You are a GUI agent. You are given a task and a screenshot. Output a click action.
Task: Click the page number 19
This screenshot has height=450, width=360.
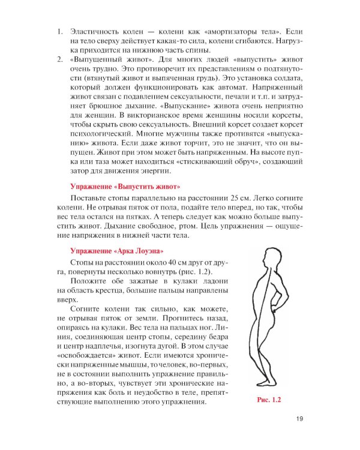coord(293,420)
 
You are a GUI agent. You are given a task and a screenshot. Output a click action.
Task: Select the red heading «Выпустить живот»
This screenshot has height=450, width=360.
coord(125,187)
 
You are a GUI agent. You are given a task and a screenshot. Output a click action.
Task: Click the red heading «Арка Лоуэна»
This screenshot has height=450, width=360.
coord(116,250)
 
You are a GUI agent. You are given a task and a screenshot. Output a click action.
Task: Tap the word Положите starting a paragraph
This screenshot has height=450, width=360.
coord(89,283)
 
